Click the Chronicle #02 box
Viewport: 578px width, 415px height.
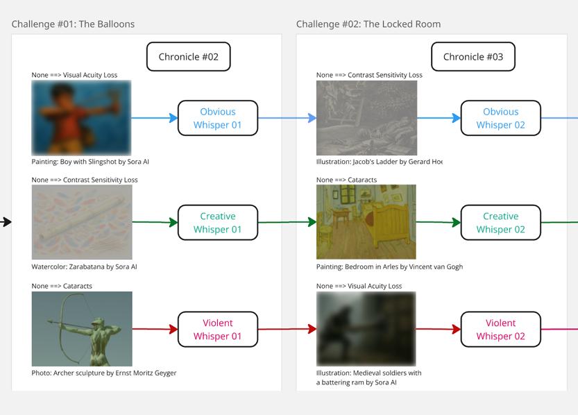pos(188,57)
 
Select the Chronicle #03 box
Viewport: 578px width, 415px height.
pos(473,57)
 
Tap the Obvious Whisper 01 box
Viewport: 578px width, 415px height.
pos(217,118)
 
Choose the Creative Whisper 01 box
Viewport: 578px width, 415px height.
pos(217,223)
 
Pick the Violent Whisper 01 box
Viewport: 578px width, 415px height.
pos(217,330)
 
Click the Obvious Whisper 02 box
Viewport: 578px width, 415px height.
pos(500,118)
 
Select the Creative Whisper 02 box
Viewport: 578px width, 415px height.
pos(500,223)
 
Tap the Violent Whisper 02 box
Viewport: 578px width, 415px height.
pos(500,330)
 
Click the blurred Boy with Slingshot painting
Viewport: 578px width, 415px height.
pos(81,117)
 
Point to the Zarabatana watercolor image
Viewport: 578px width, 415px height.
pos(81,222)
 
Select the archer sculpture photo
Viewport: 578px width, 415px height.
pos(81,328)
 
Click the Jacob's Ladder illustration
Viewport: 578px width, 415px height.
pos(366,117)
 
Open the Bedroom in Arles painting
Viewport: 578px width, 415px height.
pos(366,222)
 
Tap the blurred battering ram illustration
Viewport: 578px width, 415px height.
pos(366,328)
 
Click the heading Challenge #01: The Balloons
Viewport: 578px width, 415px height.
pos(73,24)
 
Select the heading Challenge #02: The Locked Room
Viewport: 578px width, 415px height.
pos(368,24)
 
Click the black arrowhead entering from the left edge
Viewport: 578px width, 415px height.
pos(7,222)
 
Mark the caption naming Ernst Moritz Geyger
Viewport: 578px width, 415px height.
pos(104,373)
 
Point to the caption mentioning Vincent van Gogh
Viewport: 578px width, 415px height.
pos(389,266)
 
